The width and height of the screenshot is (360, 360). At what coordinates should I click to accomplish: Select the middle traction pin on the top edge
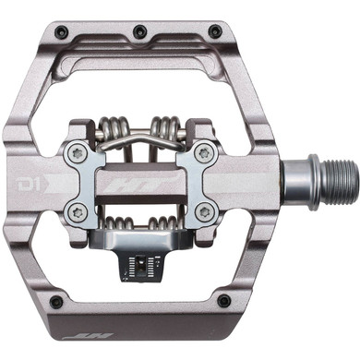point(138,32)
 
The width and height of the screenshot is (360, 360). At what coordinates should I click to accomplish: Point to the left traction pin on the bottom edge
point(55,302)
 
